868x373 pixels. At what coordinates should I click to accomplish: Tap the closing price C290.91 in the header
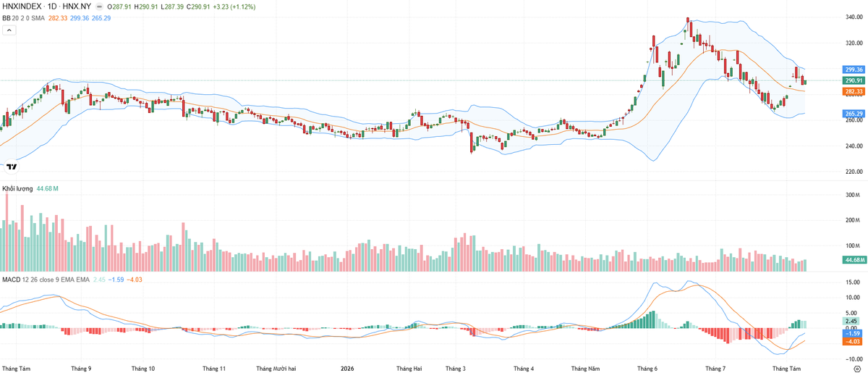click(198, 7)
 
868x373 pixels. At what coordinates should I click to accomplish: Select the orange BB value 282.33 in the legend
click(58, 18)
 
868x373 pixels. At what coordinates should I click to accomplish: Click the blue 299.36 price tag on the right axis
click(854, 70)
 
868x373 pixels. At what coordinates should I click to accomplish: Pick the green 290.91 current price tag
click(854, 80)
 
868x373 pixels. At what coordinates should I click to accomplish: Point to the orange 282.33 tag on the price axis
click(854, 91)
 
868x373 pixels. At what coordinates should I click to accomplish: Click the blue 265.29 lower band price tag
click(854, 114)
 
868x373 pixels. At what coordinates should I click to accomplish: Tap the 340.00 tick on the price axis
click(854, 17)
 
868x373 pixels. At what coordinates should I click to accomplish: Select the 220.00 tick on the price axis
click(854, 172)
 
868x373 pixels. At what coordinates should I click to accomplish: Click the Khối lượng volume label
click(17, 188)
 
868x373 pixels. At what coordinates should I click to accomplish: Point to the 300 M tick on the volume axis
click(853, 195)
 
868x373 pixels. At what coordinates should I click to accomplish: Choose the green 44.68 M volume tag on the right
click(854, 260)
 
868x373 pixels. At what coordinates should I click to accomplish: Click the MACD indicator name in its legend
click(12, 280)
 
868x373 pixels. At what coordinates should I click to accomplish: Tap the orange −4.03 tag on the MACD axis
click(854, 342)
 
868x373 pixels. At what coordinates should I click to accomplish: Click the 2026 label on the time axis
click(347, 369)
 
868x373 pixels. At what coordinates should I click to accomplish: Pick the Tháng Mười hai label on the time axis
click(276, 369)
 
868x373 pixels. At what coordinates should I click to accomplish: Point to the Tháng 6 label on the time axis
click(647, 369)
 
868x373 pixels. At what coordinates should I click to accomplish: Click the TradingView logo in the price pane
click(12, 167)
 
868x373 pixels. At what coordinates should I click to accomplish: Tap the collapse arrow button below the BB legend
click(9, 30)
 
